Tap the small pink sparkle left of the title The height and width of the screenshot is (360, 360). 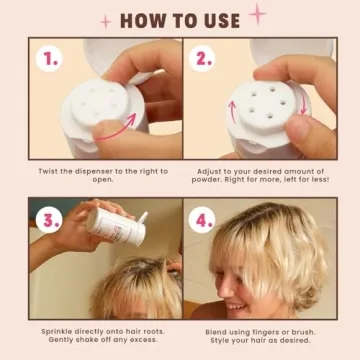[x=106, y=21]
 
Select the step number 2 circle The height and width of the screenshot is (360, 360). [x=204, y=59]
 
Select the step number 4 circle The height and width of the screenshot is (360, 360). [x=204, y=218]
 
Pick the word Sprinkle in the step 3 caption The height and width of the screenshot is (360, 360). [x=59, y=330]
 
